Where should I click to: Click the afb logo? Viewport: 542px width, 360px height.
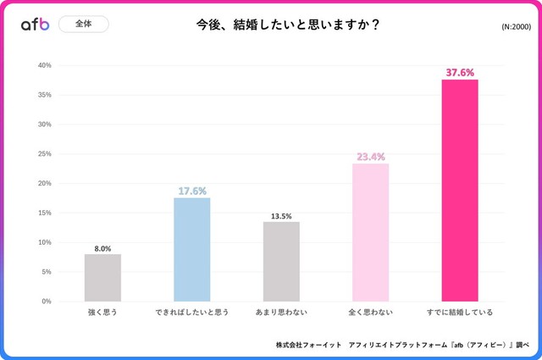(35, 25)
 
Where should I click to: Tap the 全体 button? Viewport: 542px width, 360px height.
(84, 25)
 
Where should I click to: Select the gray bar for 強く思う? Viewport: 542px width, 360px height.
(102, 278)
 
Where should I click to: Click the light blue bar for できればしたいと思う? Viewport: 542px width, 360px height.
(192, 250)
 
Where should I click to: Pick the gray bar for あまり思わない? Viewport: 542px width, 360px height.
(281, 262)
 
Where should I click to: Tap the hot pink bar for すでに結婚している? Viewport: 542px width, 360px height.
(460, 191)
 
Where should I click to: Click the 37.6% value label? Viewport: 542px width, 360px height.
(460, 72)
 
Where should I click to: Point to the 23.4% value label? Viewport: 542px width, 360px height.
(371, 157)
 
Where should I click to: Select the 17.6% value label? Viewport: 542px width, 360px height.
(192, 191)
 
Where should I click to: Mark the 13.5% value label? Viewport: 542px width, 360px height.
(281, 216)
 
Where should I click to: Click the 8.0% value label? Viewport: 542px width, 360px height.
(102, 248)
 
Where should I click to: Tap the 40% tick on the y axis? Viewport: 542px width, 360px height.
(44, 65)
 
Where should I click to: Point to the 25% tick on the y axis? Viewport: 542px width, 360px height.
(44, 154)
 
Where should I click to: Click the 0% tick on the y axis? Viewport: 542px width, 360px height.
(46, 302)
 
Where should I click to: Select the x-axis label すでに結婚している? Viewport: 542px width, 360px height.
(460, 313)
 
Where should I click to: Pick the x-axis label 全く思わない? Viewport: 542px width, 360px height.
(371, 313)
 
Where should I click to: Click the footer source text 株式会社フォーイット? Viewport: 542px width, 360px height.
(308, 346)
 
